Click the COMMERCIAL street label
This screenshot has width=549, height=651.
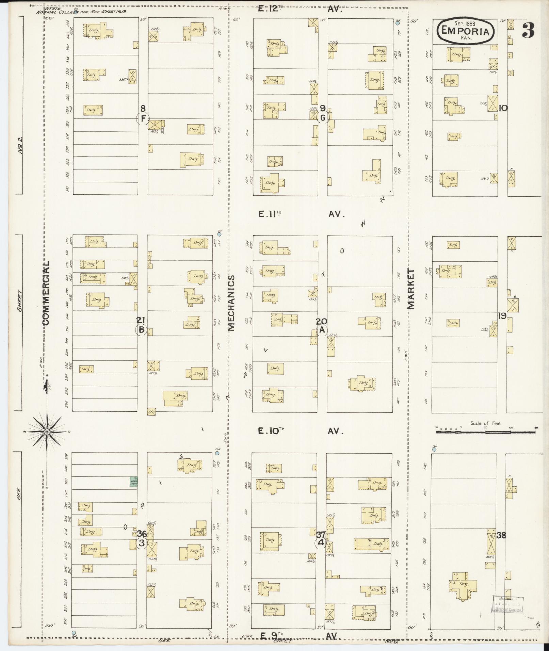pyautogui.click(x=46, y=293)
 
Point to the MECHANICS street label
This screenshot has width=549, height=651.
pyautogui.click(x=231, y=303)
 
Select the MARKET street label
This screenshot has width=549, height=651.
pyautogui.click(x=411, y=289)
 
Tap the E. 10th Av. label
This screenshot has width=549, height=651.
pyautogui.click(x=301, y=431)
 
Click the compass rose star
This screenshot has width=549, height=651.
pyautogui.click(x=47, y=432)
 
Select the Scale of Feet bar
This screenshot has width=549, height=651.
pyautogui.click(x=486, y=432)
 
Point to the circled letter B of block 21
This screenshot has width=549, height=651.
pyautogui.click(x=142, y=330)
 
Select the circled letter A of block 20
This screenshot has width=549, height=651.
pyautogui.click(x=322, y=330)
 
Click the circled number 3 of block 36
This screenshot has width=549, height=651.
pyautogui.click(x=142, y=543)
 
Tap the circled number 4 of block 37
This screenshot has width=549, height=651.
pyautogui.click(x=321, y=543)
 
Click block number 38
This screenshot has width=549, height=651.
pyautogui.click(x=501, y=535)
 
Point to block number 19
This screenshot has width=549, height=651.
pyautogui.click(x=502, y=316)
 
